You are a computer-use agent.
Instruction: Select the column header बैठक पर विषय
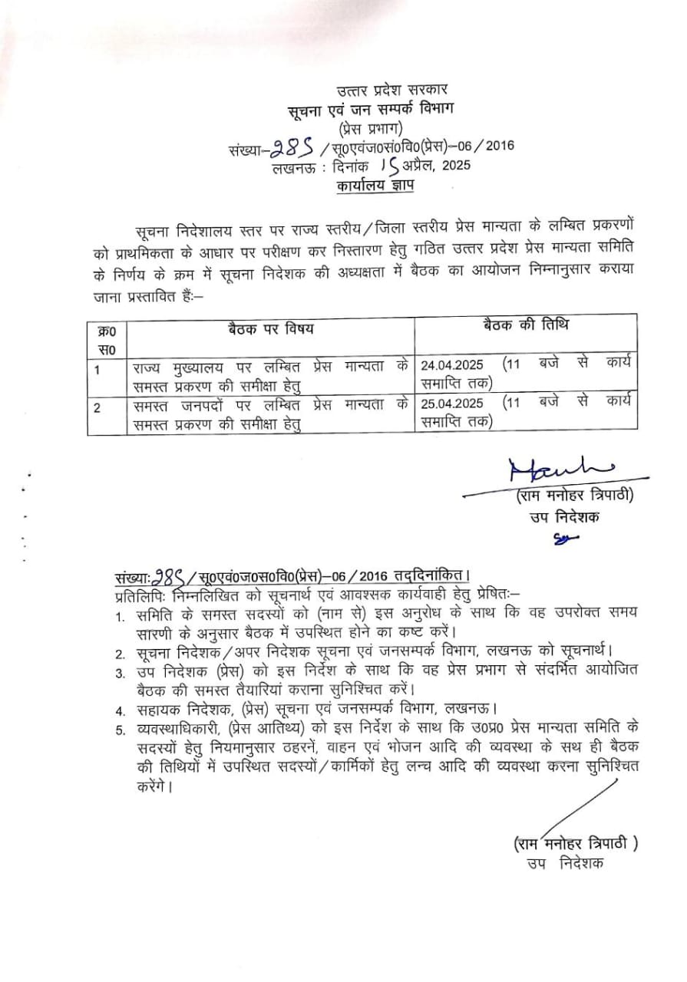click(271, 329)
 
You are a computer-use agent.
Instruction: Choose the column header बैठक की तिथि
click(526, 325)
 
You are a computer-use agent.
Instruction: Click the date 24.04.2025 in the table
click(452, 364)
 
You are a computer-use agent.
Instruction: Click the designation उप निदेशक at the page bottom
click(565, 863)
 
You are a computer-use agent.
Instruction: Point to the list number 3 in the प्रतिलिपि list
click(120, 674)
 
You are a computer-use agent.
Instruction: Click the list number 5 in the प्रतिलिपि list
click(120, 728)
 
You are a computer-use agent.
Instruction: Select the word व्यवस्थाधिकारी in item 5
click(177, 727)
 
